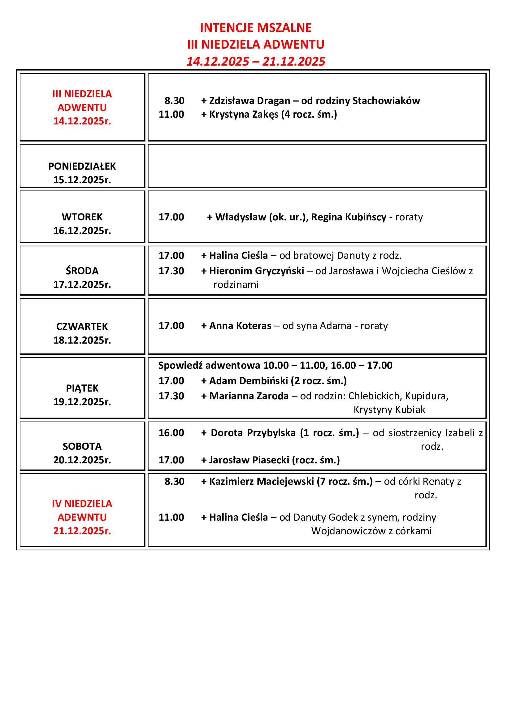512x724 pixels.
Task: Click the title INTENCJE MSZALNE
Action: coord(256,28)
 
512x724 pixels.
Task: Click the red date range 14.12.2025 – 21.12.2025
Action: coord(256,61)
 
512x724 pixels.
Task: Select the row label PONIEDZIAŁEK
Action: coord(82,166)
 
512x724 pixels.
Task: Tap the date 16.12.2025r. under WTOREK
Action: coord(82,231)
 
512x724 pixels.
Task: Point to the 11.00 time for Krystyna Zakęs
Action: coord(171,114)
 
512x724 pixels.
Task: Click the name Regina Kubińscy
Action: coord(349,217)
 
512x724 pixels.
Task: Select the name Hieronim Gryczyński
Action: coord(257,271)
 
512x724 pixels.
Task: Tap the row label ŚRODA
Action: coord(82,271)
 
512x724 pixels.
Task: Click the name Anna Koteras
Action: coord(240,325)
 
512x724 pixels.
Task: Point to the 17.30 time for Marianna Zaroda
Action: coord(171,396)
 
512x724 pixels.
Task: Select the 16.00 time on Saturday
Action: coord(171,433)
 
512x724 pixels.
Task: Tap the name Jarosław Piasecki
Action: coord(249,460)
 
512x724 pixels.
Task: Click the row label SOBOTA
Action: coord(82,446)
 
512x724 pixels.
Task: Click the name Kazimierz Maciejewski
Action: coord(261,481)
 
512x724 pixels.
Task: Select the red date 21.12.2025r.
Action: coord(82,531)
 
